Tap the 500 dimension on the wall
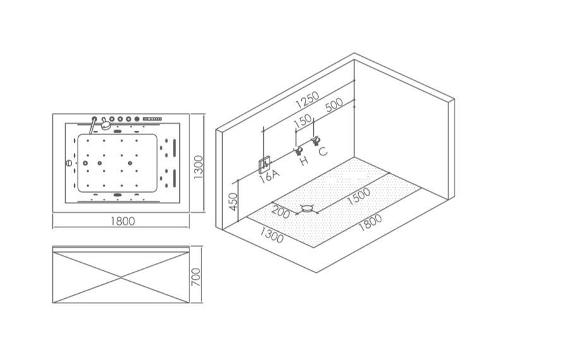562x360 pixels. pos(333,105)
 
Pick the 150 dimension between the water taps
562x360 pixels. pos(303,121)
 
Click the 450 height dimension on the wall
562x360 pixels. pos(234,202)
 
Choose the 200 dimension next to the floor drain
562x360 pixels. pos(281,213)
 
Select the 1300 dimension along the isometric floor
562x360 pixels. pos(272,235)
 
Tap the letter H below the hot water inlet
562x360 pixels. pos(304,161)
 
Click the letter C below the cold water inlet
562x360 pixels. pos(323,152)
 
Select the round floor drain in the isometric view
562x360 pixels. pos(308,207)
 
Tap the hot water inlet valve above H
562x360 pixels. pos(296,150)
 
